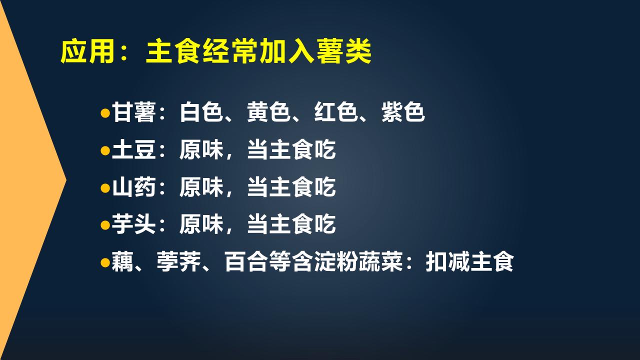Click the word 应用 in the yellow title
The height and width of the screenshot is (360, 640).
(x=88, y=51)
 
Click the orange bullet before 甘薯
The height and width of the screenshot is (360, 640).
(x=105, y=112)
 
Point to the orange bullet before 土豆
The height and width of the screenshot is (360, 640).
(x=105, y=150)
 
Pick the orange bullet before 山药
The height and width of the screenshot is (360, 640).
(x=105, y=187)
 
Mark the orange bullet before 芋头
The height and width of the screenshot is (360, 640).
(x=105, y=225)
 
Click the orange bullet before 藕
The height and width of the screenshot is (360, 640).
(x=105, y=262)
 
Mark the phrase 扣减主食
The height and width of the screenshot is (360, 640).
(x=469, y=262)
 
